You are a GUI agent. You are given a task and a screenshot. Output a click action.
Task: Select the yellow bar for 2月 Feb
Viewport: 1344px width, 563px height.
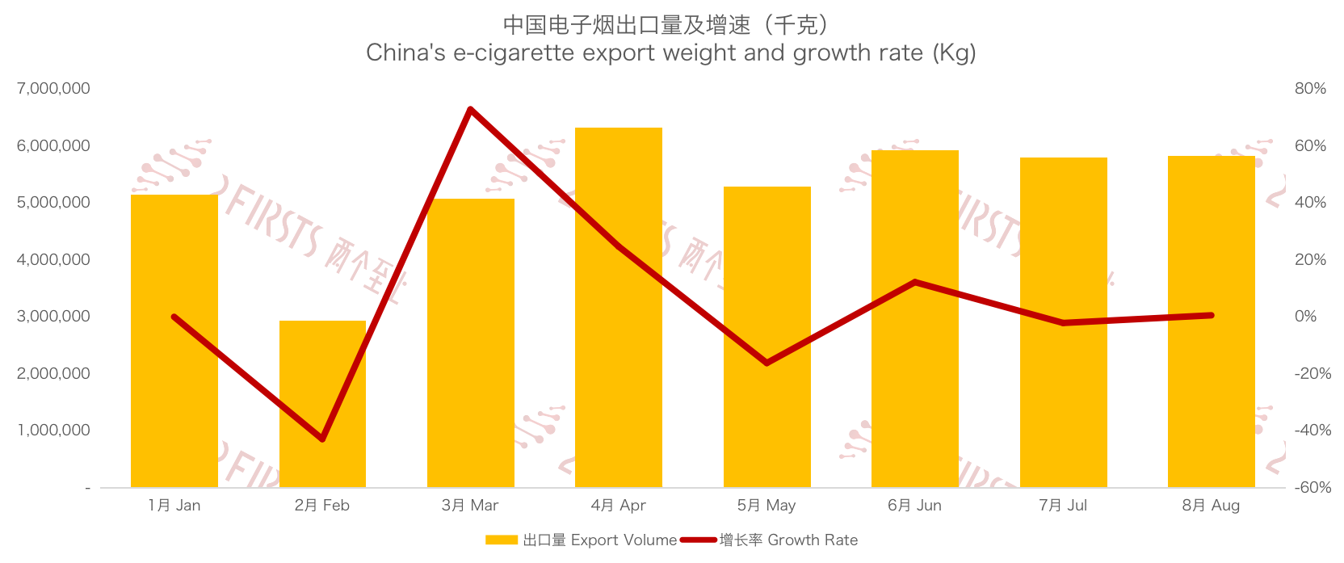click(x=322, y=404)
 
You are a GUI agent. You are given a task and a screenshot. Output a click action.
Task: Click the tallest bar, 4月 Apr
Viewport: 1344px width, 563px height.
click(x=619, y=307)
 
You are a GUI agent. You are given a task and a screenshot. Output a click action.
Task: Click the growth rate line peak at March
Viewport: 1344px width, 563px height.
click(x=470, y=109)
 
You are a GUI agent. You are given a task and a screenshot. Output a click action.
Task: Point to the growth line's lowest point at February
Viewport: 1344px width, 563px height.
click(x=322, y=439)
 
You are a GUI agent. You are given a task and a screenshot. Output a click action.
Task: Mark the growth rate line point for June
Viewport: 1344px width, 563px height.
click(x=915, y=282)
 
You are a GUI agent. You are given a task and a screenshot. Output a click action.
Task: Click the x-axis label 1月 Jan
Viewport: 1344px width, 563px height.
click(x=174, y=506)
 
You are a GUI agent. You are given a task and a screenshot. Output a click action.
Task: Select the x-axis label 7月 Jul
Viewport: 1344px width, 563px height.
click(x=1063, y=506)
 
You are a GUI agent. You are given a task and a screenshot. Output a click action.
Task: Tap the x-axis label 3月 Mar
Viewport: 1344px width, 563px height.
click(x=470, y=506)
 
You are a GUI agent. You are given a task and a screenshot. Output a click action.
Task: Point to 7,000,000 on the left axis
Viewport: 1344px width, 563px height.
click(x=53, y=89)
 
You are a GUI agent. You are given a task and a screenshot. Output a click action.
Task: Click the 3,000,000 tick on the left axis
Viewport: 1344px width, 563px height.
click(x=53, y=317)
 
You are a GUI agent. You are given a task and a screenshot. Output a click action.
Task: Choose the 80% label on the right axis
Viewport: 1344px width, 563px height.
click(x=1310, y=89)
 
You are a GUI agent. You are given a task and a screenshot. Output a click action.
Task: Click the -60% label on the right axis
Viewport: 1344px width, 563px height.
click(x=1312, y=488)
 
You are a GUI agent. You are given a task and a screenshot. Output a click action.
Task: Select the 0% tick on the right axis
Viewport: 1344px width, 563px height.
click(x=1305, y=317)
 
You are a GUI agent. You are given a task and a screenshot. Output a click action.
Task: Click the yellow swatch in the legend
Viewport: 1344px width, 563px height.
click(x=501, y=540)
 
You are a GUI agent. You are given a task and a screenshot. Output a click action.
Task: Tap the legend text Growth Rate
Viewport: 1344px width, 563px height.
click(x=812, y=540)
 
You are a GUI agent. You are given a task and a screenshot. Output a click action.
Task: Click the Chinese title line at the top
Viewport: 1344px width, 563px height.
click(x=666, y=25)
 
